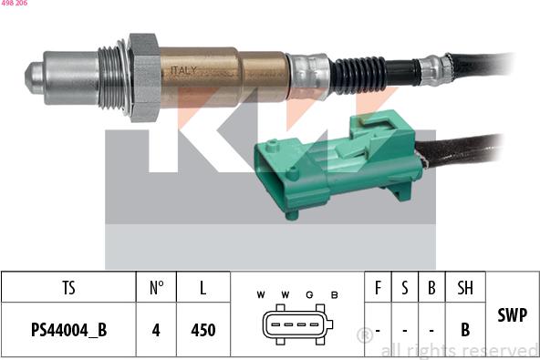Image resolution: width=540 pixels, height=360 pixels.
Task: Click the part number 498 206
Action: [14, 5]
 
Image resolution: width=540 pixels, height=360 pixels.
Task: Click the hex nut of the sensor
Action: [144, 77]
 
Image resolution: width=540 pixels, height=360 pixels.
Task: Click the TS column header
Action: [68, 288]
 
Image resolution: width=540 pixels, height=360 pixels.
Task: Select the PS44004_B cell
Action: [68, 330]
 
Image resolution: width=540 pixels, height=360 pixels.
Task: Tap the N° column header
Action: [156, 288]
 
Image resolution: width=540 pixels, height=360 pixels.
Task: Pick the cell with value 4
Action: [156, 330]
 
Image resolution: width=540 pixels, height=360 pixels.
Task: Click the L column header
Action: [202, 288]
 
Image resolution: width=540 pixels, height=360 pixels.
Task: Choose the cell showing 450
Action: [202, 330]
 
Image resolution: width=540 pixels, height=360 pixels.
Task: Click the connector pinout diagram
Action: [296, 326]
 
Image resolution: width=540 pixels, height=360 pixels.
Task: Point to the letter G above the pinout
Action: [310, 294]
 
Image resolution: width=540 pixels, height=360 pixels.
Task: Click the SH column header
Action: [465, 288]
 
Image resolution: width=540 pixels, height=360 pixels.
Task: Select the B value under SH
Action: [465, 330]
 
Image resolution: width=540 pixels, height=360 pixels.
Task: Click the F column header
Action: [378, 288]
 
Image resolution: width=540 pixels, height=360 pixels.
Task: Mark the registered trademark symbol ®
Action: [363, 334]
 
